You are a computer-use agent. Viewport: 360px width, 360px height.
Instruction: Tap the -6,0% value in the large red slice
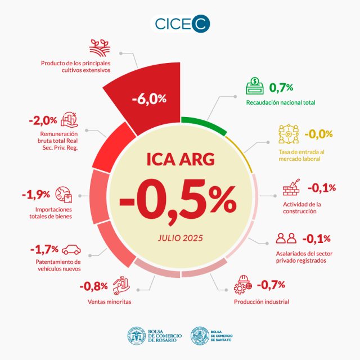[x=149, y=99]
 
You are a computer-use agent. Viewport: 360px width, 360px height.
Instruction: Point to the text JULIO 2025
[x=179, y=238]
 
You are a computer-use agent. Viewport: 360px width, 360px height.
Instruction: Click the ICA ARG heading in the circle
[x=179, y=160]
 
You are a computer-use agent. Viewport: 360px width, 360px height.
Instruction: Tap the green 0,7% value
[x=281, y=87]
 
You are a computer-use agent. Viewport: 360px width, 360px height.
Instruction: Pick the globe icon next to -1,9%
[x=65, y=195]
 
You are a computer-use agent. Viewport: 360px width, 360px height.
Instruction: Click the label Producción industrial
[x=261, y=302]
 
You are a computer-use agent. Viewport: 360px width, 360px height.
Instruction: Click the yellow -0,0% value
[x=318, y=134]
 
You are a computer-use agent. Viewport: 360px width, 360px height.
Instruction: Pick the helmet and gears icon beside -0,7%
[x=242, y=285]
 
